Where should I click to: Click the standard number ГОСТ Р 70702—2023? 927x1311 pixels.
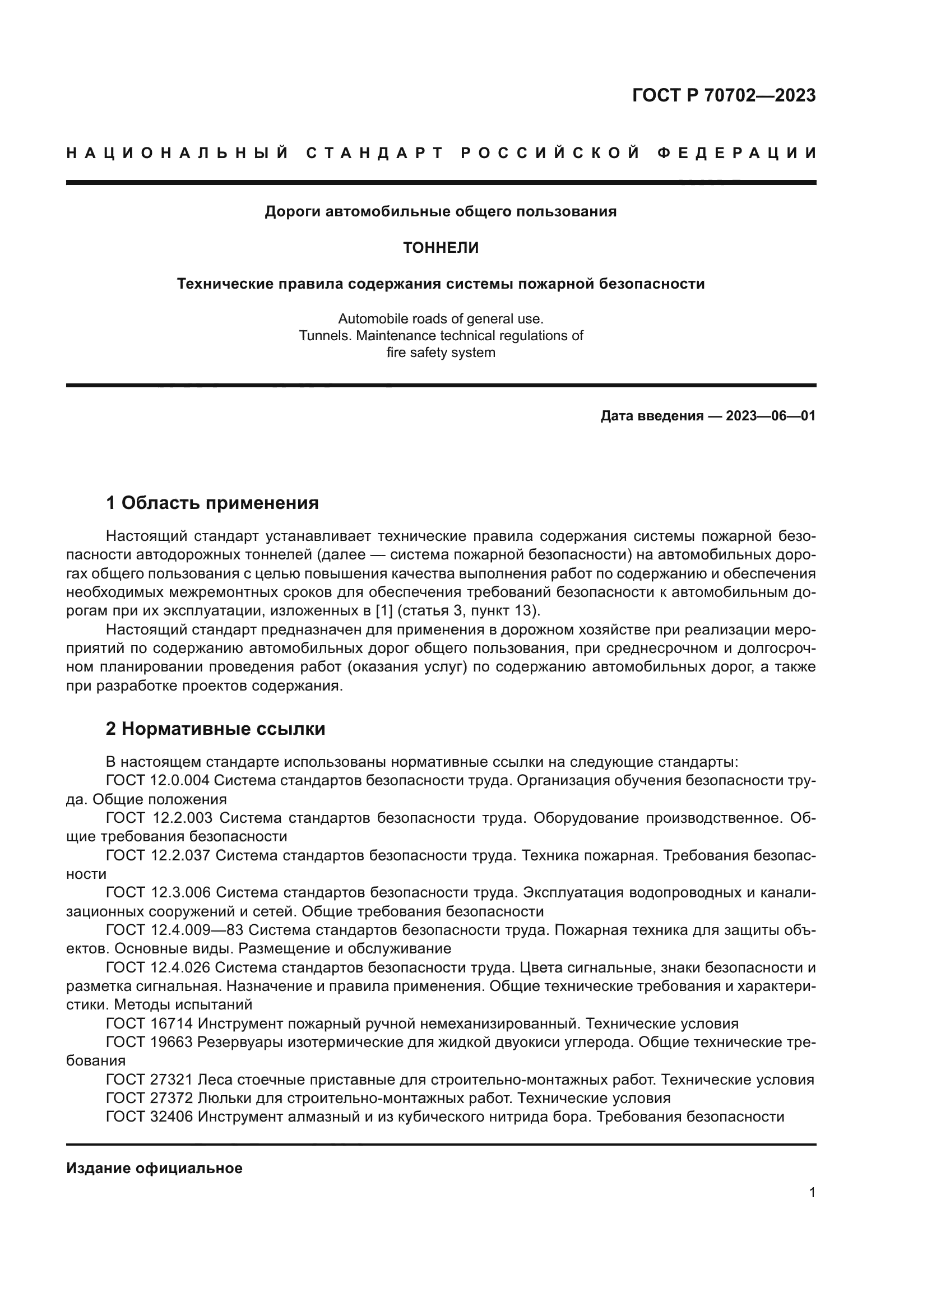click(x=723, y=95)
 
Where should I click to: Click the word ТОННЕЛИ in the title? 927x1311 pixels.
click(x=441, y=248)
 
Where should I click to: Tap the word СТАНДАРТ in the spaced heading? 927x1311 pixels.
click(x=374, y=153)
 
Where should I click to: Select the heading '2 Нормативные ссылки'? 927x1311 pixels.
click(x=215, y=729)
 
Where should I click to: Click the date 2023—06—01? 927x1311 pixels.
click(x=770, y=416)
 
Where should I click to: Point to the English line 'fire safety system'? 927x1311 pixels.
click(x=441, y=353)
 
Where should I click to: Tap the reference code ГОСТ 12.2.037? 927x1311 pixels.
click(x=158, y=855)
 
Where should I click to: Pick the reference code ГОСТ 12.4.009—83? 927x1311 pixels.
click(x=175, y=930)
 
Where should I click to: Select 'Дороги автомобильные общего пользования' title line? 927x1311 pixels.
click(x=441, y=212)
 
